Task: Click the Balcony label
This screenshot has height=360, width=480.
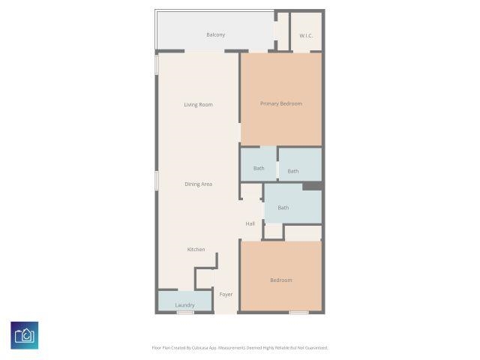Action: point(215,35)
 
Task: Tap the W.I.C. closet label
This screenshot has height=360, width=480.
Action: point(306,36)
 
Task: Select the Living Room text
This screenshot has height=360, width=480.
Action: point(198,105)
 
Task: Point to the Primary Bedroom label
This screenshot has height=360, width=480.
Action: point(281,103)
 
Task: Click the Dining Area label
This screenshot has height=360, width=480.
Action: point(198,184)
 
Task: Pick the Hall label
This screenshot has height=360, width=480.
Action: point(250,223)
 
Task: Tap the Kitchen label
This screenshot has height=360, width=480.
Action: point(196,250)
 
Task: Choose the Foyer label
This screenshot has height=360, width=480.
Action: point(226,295)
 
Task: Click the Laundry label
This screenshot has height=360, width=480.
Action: point(184,305)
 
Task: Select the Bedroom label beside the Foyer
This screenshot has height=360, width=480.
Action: point(281,280)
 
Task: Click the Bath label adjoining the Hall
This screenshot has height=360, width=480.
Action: point(283,208)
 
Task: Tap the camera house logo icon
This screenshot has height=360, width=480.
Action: point(25,335)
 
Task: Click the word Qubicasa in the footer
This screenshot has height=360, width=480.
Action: point(208,348)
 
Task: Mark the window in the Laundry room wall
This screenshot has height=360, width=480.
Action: point(185,313)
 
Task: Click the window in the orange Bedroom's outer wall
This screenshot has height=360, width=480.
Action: point(299,313)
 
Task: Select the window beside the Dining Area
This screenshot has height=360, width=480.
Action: point(157,181)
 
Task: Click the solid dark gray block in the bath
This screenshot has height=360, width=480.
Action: point(312,186)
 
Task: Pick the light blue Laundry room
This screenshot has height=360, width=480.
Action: point(185,301)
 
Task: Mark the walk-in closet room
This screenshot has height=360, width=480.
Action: point(306,31)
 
